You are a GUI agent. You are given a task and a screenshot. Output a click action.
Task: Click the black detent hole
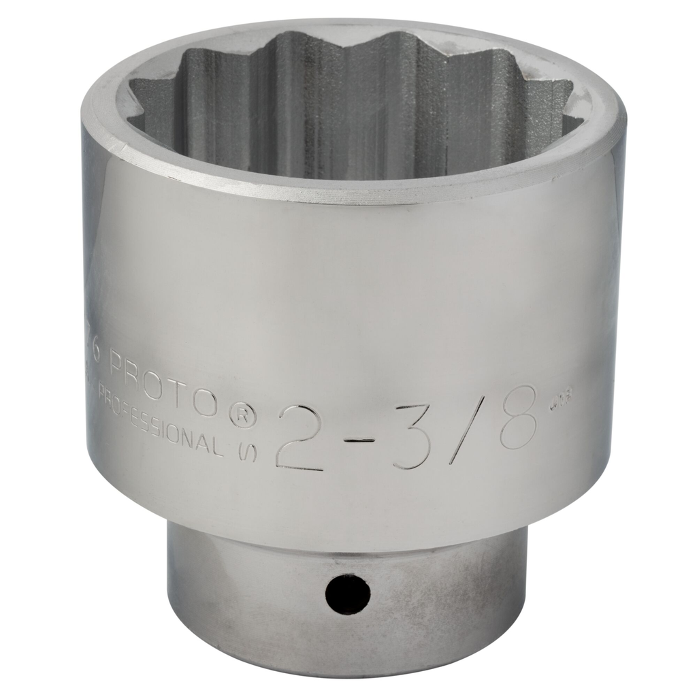(347, 594)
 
